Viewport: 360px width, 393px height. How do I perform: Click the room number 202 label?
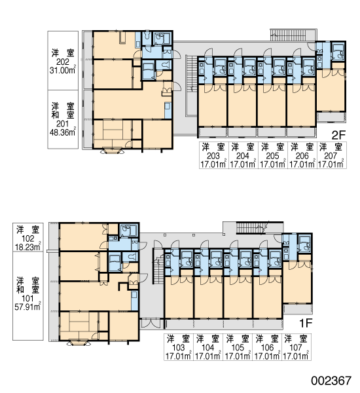63,62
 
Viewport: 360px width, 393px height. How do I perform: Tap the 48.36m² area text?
63,132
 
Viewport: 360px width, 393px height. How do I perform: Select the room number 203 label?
213,156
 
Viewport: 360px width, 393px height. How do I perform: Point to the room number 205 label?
272,156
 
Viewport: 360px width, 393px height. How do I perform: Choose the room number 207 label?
331,156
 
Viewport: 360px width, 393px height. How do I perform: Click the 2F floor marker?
338,136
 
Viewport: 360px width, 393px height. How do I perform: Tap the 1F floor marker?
306,324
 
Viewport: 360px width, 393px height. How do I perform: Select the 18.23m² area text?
27,247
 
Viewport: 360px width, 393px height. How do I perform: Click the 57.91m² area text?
27,307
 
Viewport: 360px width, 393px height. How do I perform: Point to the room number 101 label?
27,298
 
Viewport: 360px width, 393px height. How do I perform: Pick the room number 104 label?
208,348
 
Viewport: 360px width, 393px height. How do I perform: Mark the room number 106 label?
267,348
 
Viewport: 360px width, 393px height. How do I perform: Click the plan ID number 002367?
331,381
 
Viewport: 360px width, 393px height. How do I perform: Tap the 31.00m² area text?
63,70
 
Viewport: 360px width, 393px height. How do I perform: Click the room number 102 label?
27,238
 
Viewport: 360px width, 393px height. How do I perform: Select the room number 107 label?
296,348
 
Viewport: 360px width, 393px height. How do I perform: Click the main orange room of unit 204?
242,105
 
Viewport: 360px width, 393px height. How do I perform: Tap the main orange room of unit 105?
238,297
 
